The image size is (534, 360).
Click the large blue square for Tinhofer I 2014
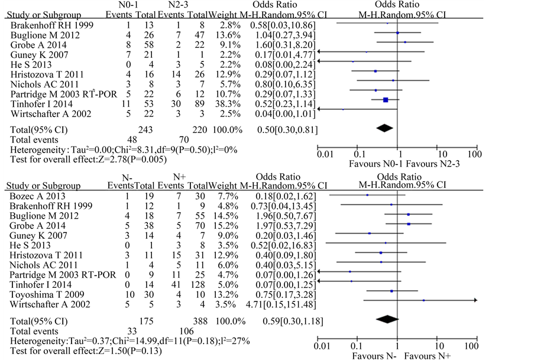(386, 100)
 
